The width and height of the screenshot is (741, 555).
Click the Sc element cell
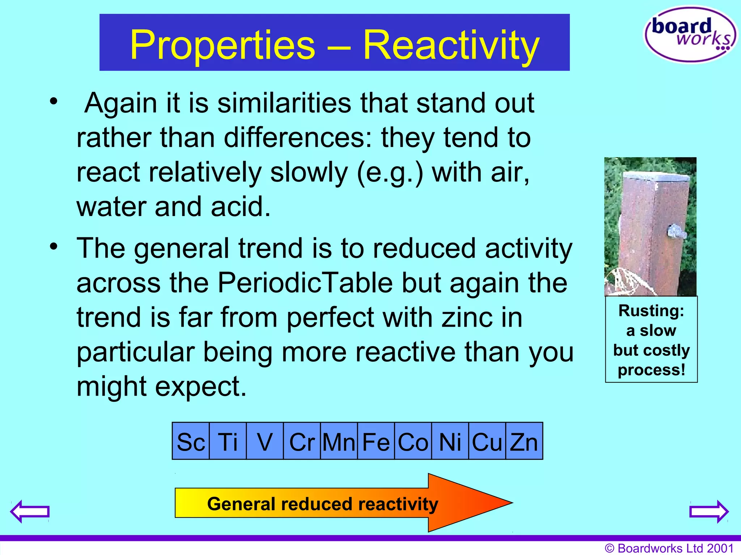[191, 441]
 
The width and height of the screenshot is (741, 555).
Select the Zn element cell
[524, 441]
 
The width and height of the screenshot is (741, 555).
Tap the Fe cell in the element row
[376, 441]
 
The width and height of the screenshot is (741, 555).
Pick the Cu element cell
[487, 441]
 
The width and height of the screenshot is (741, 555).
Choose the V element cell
[264, 441]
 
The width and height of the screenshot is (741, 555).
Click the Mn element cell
[339, 441]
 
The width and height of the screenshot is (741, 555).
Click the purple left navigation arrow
[30, 511]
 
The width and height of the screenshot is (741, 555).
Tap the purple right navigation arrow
[709, 511]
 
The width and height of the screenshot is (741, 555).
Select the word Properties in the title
[223, 45]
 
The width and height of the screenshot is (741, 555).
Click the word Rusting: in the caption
[651, 311]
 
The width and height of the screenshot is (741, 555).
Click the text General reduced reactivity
[322, 504]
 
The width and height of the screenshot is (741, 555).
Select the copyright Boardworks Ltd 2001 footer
[669, 548]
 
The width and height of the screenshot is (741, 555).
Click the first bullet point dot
[54, 101]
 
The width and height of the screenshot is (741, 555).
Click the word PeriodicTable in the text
[305, 283]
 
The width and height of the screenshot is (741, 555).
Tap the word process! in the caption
[651, 370]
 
